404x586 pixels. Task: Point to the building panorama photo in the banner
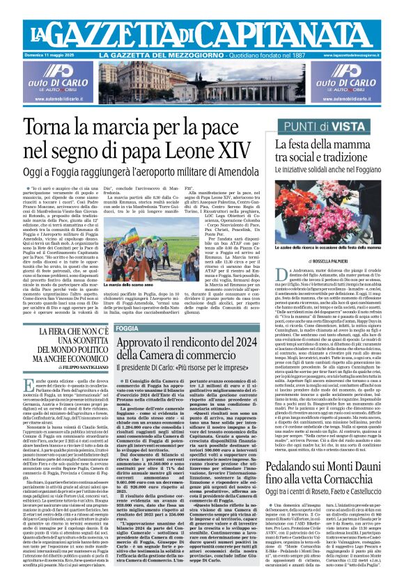201,84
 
